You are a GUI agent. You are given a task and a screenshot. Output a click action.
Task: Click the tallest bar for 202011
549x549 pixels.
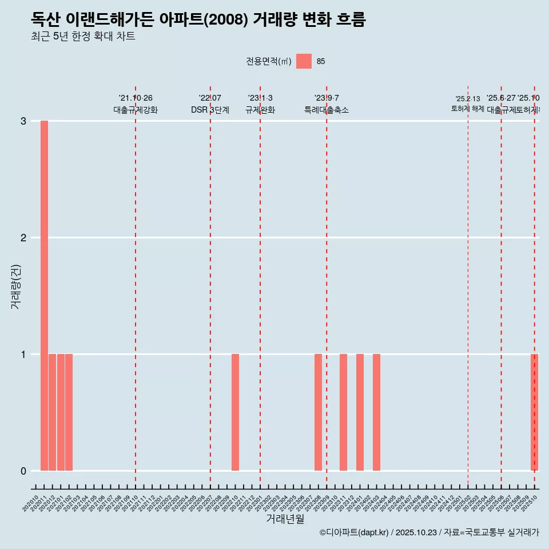click(44, 296)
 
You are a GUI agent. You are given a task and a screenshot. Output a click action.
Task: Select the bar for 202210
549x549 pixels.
click(235, 412)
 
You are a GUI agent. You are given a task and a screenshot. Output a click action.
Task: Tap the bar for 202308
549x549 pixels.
click(318, 412)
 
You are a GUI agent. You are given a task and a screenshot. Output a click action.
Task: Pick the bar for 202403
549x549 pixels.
click(376, 412)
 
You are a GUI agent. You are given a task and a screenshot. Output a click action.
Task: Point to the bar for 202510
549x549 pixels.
click(534, 412)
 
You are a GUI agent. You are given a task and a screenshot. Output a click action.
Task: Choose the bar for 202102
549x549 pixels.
click(69, 412)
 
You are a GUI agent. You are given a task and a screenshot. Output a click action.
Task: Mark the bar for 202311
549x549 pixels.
click(343, 412)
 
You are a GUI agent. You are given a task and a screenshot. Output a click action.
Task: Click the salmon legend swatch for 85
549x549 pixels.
click(304, 62)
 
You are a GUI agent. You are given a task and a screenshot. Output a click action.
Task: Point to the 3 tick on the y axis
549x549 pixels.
click(23, 121)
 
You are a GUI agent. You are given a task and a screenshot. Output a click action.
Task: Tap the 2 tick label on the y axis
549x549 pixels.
click(23, 238)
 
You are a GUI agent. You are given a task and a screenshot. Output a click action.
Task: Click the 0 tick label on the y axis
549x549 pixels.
click(23, 471)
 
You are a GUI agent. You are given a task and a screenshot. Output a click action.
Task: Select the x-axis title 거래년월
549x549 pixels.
click(285, 519)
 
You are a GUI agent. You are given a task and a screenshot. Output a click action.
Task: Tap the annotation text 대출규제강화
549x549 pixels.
click(136, 110)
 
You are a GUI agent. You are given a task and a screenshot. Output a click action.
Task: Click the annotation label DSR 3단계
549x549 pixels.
click(210, 110)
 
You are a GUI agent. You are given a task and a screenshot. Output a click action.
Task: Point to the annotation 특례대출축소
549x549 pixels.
click(327, 110)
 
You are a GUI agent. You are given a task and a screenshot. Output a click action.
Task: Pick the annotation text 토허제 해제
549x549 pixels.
click(468, 109)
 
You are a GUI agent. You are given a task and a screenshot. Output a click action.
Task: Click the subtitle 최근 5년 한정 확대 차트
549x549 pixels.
click(83, 37)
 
